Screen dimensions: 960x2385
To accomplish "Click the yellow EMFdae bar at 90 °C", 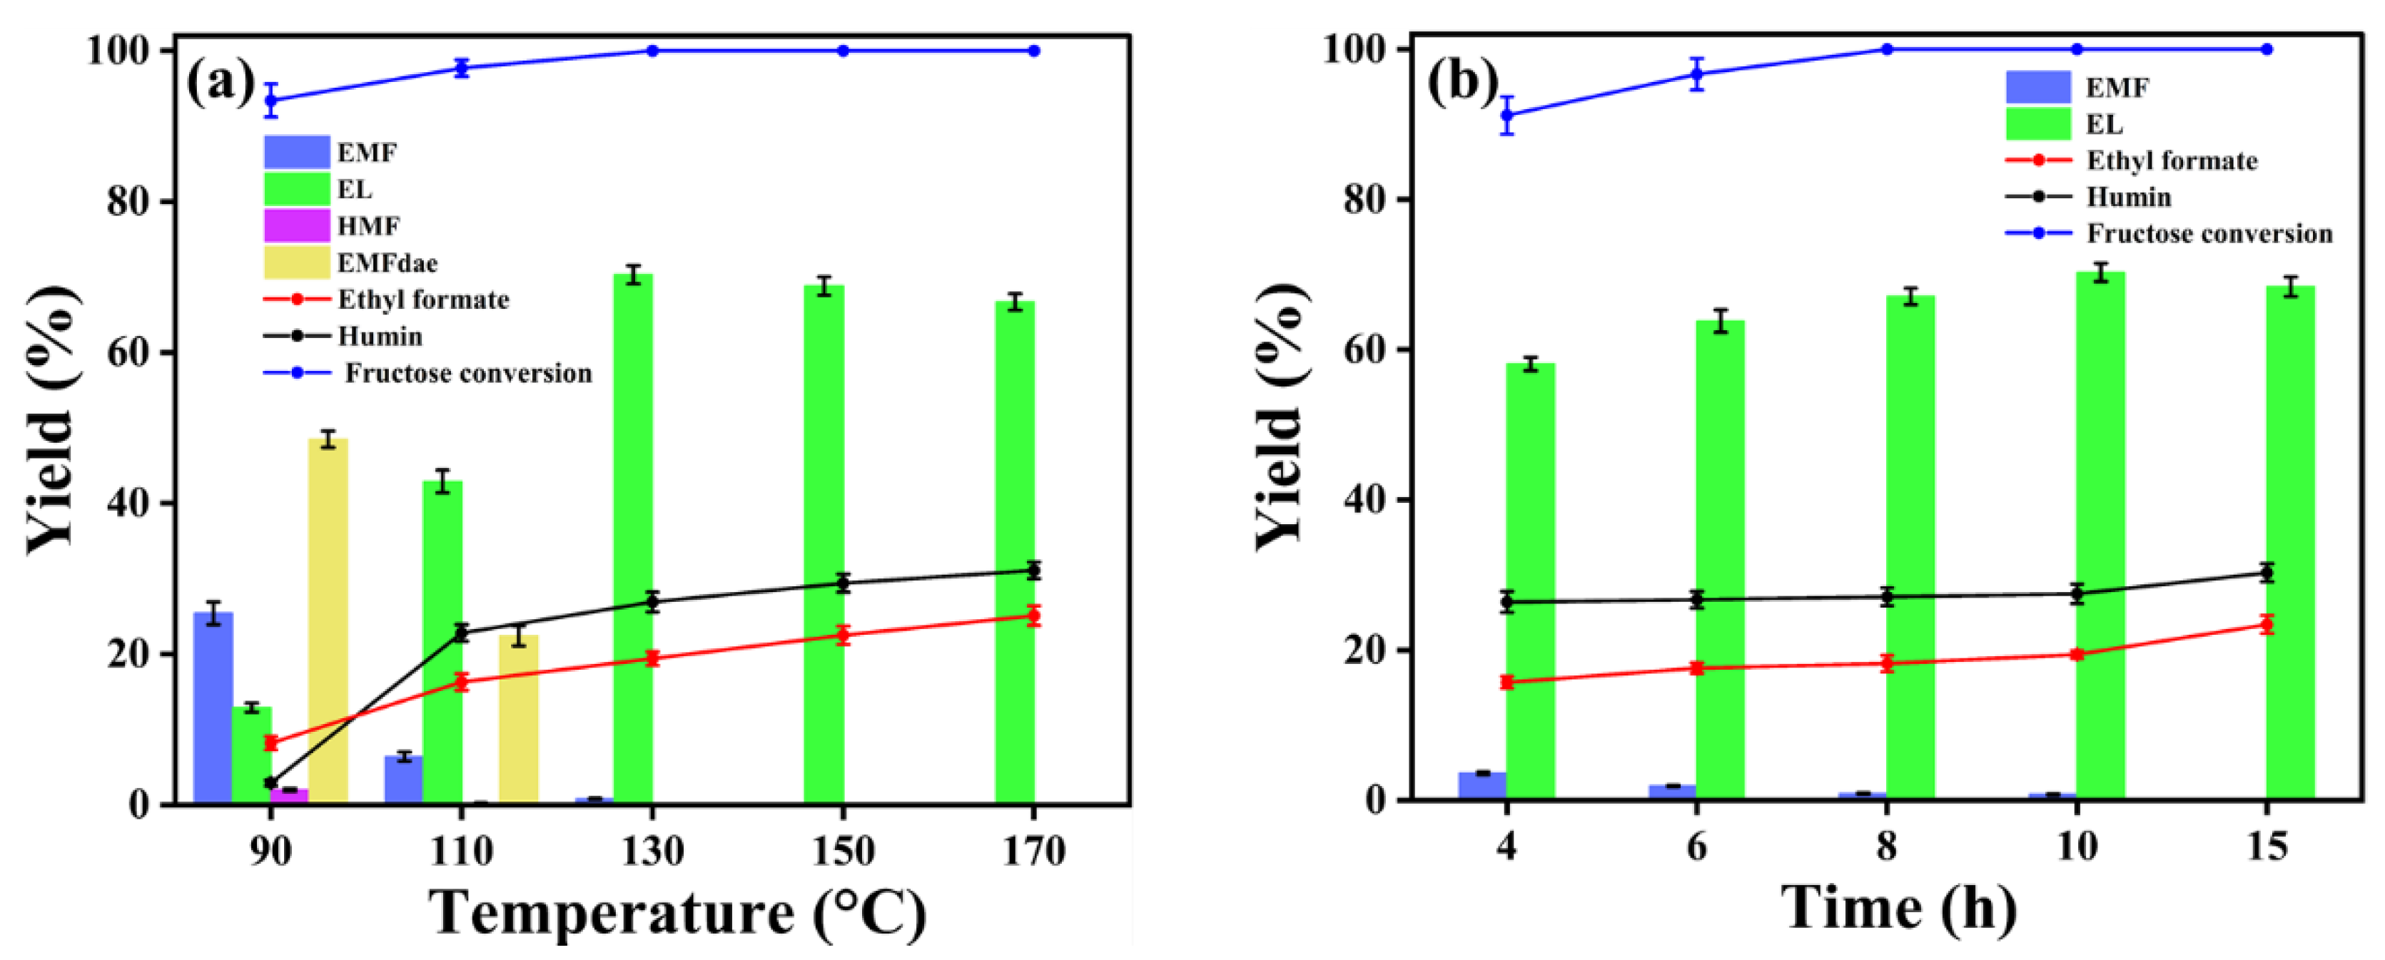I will [x=328, y=621].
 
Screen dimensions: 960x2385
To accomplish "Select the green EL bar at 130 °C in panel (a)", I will [x=633, y=537].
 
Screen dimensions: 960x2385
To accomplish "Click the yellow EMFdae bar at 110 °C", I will [x=519, y=718].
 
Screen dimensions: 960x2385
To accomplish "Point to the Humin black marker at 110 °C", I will [x=461, y=633].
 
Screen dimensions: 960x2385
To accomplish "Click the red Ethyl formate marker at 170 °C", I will [x=1033, y=616].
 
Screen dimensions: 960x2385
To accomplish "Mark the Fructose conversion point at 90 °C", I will [x=271, y=100].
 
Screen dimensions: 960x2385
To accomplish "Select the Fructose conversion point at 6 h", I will [x=1697, y=74].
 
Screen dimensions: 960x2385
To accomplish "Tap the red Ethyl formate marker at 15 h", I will [x=2267, y=624].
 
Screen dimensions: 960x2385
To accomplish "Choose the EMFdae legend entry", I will [x=386, y=263].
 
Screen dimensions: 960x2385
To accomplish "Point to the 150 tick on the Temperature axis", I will [x=843, y=851].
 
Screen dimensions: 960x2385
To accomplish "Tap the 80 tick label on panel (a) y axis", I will [x=128, y=201].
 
